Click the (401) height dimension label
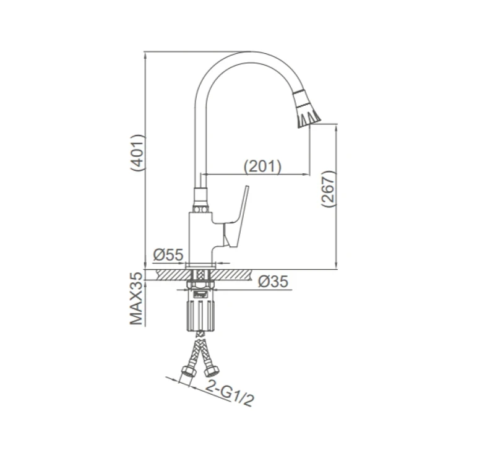(138, 153)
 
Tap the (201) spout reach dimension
(262, 166)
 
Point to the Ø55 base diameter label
(168, 255)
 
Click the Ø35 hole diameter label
(273, 282)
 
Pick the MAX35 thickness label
(136, 299)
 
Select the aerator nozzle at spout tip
(306, 109)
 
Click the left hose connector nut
(189, 371)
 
